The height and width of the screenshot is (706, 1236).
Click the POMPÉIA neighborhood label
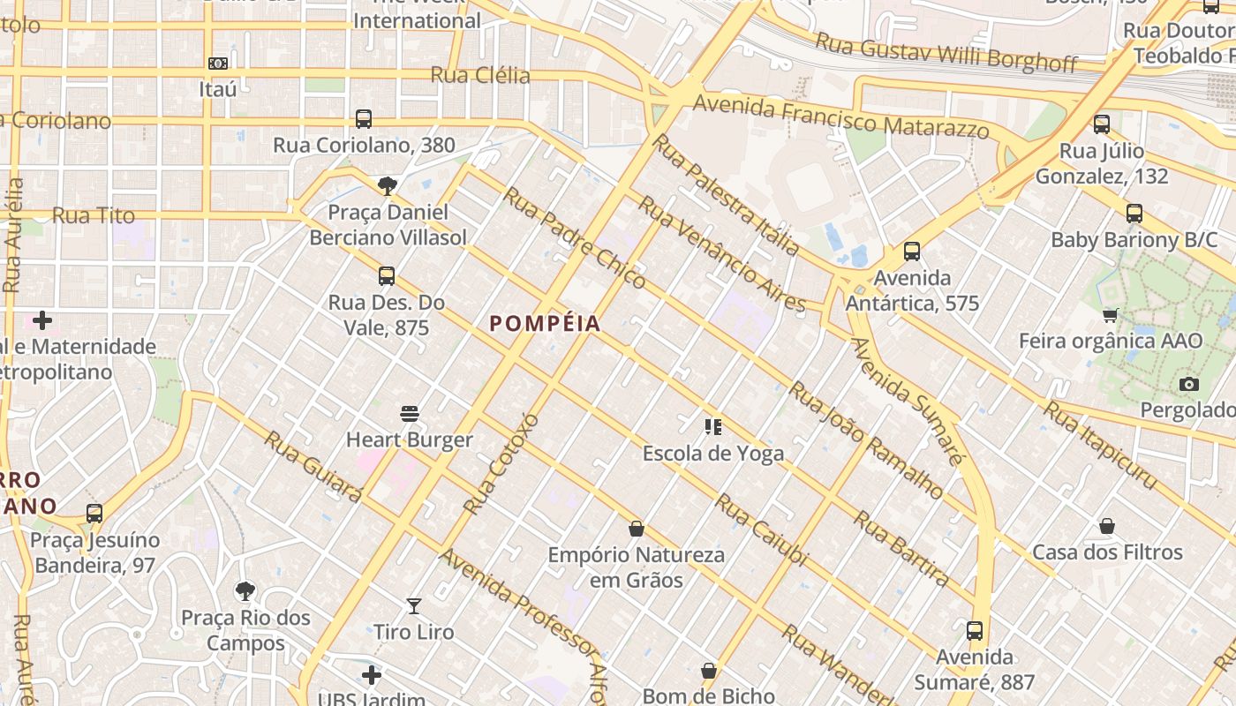click(x=545, y=324)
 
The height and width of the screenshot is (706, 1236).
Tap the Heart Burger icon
click(x=409, y=413)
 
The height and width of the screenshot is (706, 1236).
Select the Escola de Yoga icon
click(x=713, y=428)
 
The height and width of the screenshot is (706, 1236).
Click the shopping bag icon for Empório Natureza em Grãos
click(x=636, y=529)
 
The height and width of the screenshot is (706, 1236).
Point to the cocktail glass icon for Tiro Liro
click(x=413, y=605)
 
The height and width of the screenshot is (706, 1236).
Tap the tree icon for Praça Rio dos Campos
click(x=245, y=590)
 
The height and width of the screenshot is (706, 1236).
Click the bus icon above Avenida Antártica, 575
click(x=912, y=252)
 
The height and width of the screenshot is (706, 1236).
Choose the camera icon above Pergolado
click(x=1189, y=384)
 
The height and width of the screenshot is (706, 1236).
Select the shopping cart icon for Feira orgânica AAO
click(x=1111, y=315)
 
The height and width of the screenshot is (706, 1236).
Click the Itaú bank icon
click(x=218, y=64)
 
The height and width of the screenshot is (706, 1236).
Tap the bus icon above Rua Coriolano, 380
click(x=363, y=118)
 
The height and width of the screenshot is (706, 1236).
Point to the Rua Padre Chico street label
click(x=574, y=237)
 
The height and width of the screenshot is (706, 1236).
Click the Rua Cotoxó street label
click(x=501, y=462)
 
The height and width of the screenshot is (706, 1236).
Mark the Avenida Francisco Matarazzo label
click(x=840, y=117)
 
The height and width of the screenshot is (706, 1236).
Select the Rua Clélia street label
click(x=480, y=75)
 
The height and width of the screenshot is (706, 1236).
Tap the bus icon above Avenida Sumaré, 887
click(x=975, y=631)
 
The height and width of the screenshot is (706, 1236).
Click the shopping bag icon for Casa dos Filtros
click(x=1107, y=527)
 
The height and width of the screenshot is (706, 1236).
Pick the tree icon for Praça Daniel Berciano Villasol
click(x=387, y=185)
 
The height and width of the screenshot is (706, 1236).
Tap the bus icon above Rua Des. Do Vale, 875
click(x=387, y=276)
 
